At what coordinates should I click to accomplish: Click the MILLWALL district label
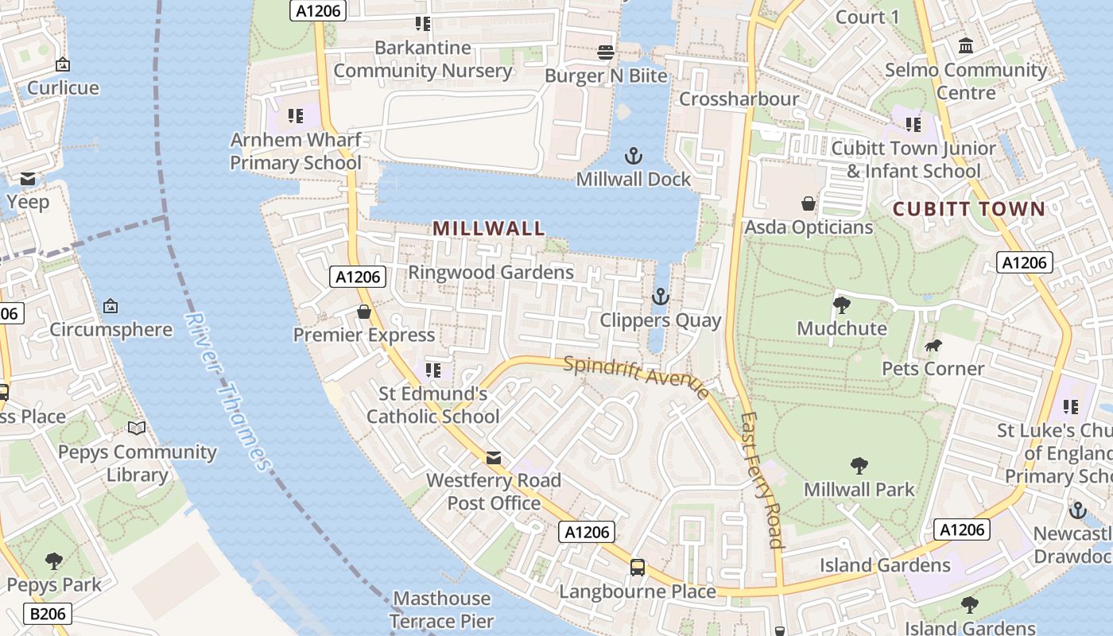click(x=489, y=229)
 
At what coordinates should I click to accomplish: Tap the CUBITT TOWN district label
click(x=968, y=209)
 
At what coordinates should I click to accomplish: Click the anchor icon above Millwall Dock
click(x=634, y=156)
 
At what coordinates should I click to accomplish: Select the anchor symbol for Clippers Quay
click(x=660, y=297)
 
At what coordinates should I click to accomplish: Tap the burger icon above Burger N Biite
click(x=606, y=52)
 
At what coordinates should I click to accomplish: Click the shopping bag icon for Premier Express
click(x=364, y=312)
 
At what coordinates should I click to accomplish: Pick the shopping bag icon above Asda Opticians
click(x=809, y=204)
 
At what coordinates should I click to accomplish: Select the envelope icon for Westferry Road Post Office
click(x=494, y=457)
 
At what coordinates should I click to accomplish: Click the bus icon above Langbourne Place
click(x=638, y=568)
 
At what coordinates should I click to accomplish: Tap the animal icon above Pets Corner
click(x=933, y=345)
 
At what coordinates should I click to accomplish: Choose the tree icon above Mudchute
click(x=841, y=304)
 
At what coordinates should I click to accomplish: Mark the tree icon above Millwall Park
click(x=859, y=466)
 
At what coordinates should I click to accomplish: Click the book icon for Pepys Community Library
click(x=137, y=429)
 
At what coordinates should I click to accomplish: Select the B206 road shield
click(x=48, y=614)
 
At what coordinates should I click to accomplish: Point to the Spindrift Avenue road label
click(x=636, y=378)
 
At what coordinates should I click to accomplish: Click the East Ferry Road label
click(x=762, y=480)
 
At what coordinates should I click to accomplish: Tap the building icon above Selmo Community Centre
click(x=966, y=46)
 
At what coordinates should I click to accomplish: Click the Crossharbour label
click(x=739, y=99)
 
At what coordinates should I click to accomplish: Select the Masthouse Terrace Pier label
click(x=442, y=610)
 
